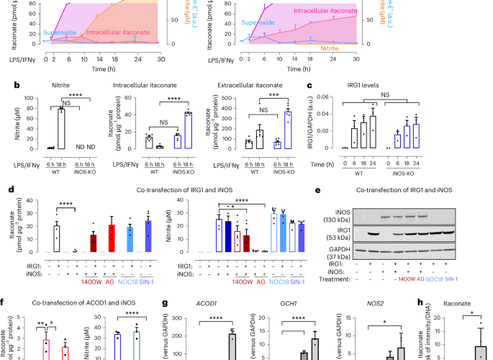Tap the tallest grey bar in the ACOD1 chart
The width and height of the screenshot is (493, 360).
pyautogui.click(x=232, y=335)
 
